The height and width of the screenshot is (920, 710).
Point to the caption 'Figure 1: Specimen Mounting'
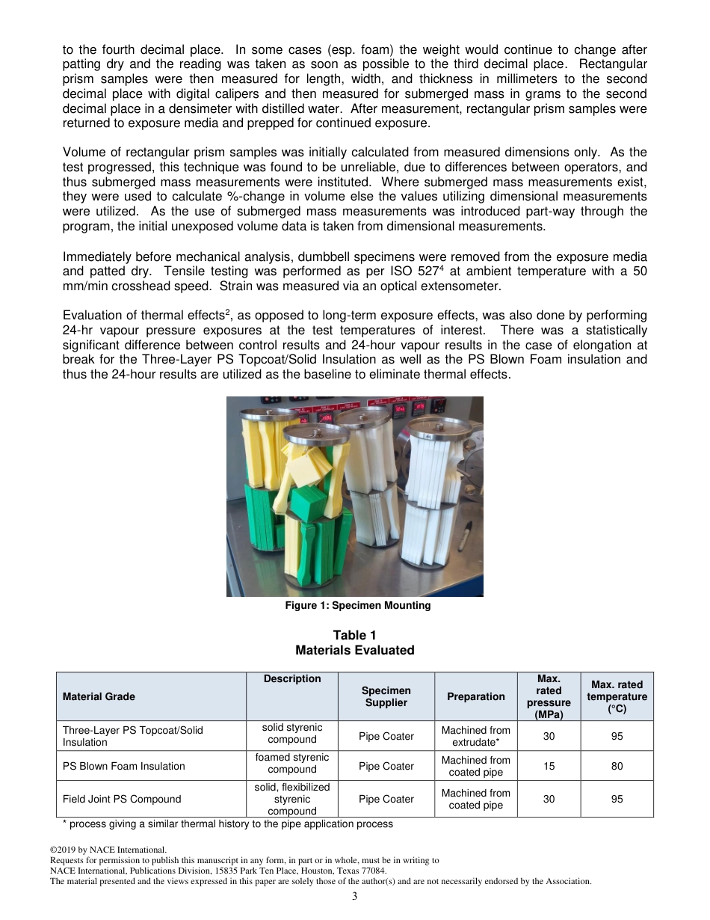point(358,606)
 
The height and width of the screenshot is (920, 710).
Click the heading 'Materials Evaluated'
point(355,651)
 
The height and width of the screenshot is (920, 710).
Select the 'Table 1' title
point(355,636)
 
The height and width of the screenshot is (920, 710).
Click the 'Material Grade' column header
point(99,696)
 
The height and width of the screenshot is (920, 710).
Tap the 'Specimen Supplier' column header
point(386,696)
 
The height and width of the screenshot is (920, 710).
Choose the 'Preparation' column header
point(476,696)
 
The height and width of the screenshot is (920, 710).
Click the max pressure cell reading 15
point(549,766)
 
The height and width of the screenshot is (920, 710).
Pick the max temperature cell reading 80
point(617,766)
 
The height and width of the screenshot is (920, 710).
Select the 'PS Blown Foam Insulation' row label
point(124,766)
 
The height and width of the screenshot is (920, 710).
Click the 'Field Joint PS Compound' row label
point(122,799)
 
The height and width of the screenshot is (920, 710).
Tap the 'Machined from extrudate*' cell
point(476,736)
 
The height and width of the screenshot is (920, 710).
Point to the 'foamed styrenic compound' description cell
point(292,764)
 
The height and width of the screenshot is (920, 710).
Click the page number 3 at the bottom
point(355,896)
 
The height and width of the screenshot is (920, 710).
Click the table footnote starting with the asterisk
point(227,824)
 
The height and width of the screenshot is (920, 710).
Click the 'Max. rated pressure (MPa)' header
point(549,696)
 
